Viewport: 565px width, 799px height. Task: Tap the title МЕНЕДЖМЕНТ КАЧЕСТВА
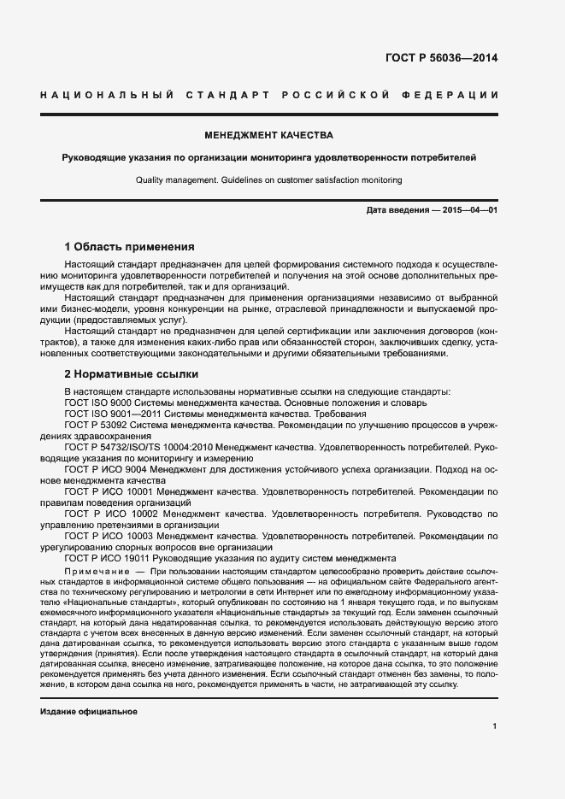click(268, 135)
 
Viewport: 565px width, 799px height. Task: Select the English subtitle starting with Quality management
click(268, 180)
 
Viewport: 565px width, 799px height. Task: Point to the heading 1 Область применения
click(130, 246)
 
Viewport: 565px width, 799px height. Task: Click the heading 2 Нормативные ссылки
click(132, 374)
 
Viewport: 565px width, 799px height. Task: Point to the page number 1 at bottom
click(494, 726)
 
